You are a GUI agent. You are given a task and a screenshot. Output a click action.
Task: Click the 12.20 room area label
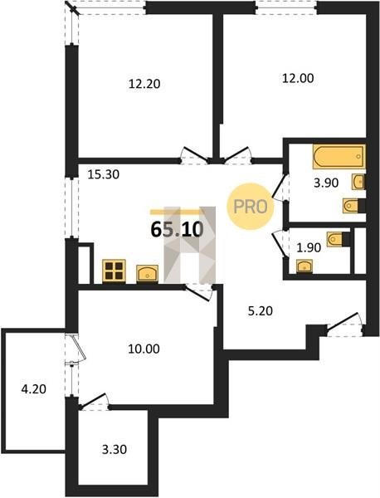pos(144,84)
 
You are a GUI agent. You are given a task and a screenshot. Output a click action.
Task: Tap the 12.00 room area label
pos(298,78)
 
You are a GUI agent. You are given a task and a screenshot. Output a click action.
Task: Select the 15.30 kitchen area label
pos(104,174)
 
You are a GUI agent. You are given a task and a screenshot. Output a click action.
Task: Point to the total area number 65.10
pos(178,229)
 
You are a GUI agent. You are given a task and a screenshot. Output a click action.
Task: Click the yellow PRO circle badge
pos(251,207)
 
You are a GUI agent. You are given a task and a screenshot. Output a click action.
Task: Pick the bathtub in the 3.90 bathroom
pos(339,157)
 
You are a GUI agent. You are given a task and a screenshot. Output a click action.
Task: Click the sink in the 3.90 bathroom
pos(358,182)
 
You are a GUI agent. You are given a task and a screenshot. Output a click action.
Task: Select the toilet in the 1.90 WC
pos(339,239)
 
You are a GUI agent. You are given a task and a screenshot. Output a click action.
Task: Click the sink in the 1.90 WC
pos(304,266)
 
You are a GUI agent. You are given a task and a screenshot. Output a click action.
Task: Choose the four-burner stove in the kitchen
pos(114,271)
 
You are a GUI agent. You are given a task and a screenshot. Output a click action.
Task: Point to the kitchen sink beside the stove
pos(147,273)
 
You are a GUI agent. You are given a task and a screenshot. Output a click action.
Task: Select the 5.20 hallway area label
pos(260,311)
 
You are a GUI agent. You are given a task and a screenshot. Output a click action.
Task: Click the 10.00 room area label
pos(144,349)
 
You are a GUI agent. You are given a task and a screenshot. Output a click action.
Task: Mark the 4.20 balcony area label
pos(34,388)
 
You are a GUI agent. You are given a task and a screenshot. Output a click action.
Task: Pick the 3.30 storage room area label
pos(114,449)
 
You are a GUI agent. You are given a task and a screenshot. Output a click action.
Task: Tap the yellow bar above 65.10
pos(175,211)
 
